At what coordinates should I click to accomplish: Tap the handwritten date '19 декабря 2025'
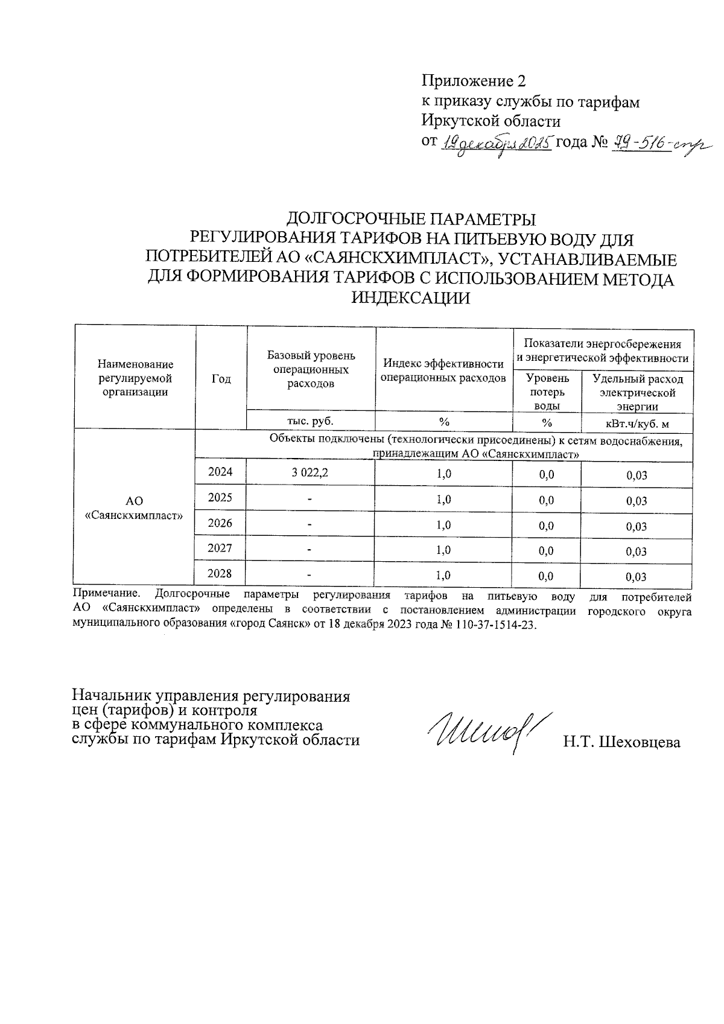498,144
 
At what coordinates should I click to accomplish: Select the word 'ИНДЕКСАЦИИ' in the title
410,298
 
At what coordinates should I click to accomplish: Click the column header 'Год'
221,379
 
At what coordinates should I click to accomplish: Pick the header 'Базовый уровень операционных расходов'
311,369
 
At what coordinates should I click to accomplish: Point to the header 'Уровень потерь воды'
547,392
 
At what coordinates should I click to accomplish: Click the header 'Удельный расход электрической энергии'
637,392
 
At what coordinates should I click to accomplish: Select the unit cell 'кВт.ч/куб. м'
637,422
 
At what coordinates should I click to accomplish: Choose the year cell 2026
220,523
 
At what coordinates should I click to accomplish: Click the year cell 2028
220,574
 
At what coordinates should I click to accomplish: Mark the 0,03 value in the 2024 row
637,475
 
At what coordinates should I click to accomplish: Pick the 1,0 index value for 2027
443,550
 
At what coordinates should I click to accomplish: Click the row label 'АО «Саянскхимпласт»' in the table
134,509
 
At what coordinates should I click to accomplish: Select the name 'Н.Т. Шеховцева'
621,742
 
